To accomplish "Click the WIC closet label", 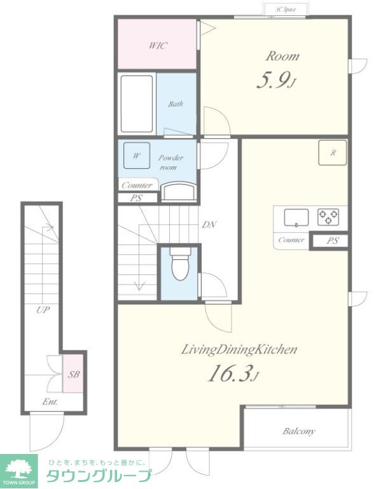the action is click(158, 46).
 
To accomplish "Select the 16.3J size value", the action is click(233, 374).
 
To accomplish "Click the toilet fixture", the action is click(179, 264).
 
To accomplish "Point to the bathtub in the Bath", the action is click(137, 104).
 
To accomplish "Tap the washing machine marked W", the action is click(137, 155).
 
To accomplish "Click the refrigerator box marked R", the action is click(333, 153).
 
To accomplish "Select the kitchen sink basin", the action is click(296, 217).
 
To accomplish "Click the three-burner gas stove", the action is click(328, 216).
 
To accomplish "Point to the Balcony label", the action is click(299, 431).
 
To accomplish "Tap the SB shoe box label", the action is click(74, 374).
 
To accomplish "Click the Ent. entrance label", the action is click(50, 402).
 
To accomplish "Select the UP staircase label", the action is click(43, 309).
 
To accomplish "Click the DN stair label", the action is click(209, 225).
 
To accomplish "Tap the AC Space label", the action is click(286, 10).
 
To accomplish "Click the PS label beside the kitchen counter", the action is click(333, 241).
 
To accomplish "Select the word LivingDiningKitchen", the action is click(239, 350).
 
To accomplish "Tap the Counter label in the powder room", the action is click(137, 185).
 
